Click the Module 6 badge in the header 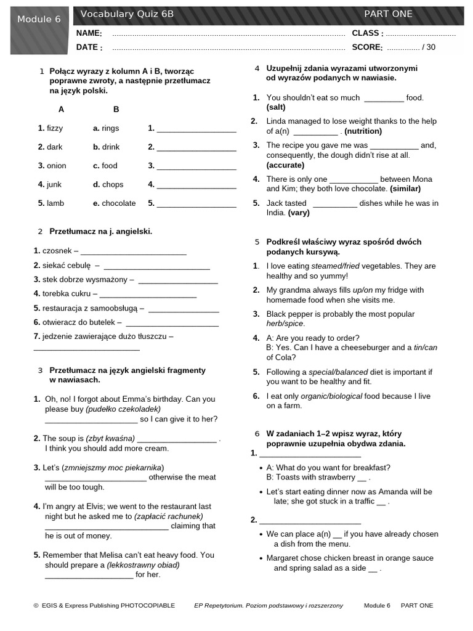[x=39, y=19]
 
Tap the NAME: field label [x=89, y=33]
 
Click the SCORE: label [x=367, y=47]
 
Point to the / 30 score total [x=428, y=47]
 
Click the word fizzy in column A [x=54, y=128]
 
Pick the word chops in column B [x=112, y=184]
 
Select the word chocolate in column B [x=118, y=203]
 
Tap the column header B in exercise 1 [x=116, y=109]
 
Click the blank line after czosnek [x=133, y=251]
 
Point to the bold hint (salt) [x=276, y=107]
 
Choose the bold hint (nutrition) [x=363, y=131]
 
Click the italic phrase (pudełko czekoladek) [x=123, y=409]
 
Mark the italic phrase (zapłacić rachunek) [x=169, y=516]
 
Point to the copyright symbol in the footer [x=36, y=606]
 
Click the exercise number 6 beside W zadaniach [x=257, y=434]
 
